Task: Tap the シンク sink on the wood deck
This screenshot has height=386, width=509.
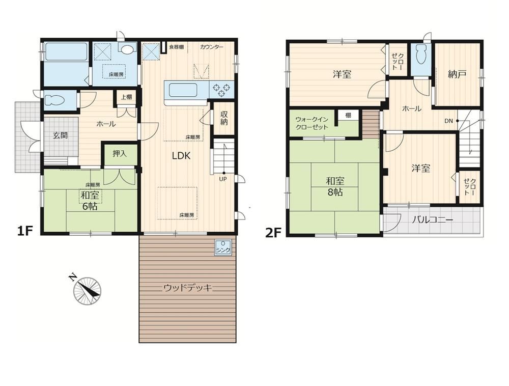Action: (223, 247)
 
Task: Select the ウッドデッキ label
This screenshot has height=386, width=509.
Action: (188, 288)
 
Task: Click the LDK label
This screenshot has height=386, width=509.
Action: (181, 156)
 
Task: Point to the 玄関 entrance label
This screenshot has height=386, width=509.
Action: (61, 135)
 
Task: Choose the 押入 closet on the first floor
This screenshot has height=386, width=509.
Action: (120, 154)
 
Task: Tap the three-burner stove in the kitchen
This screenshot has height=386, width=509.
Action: (221, 89)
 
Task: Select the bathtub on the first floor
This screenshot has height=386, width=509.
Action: (66, 51)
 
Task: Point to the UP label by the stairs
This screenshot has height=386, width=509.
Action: (223, 179)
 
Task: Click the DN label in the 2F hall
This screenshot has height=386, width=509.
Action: (448, 121)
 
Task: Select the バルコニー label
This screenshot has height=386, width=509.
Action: (432, 220)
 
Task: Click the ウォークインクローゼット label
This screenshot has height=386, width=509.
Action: (312, 123)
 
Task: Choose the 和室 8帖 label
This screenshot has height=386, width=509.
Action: (335, 186)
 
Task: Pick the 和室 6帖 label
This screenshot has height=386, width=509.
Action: (90, 201)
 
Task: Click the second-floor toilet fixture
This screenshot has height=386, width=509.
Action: (420, 54)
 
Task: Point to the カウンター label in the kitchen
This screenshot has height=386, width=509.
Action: (212, 47)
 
